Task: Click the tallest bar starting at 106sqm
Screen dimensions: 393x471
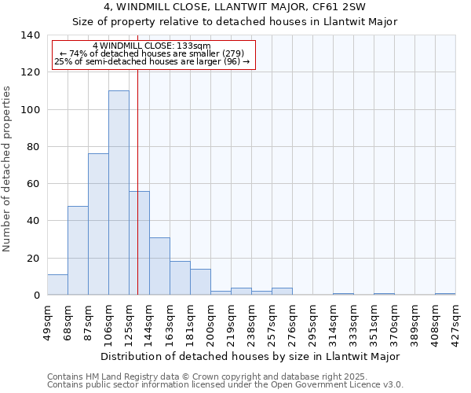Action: (119, 193)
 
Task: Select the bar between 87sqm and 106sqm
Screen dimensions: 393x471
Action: (98, 224)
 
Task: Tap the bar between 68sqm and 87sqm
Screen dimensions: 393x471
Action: (78, 250)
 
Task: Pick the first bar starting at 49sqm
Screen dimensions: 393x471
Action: (57, 285)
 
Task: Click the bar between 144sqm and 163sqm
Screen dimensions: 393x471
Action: (159, 266)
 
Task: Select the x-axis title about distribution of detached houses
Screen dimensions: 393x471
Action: (250, 356)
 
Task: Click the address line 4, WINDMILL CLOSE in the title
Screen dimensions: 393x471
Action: (235, 8)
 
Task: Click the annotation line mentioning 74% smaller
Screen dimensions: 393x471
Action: (153, 53)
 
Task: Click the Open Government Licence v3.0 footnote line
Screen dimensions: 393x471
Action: (225, 385)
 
